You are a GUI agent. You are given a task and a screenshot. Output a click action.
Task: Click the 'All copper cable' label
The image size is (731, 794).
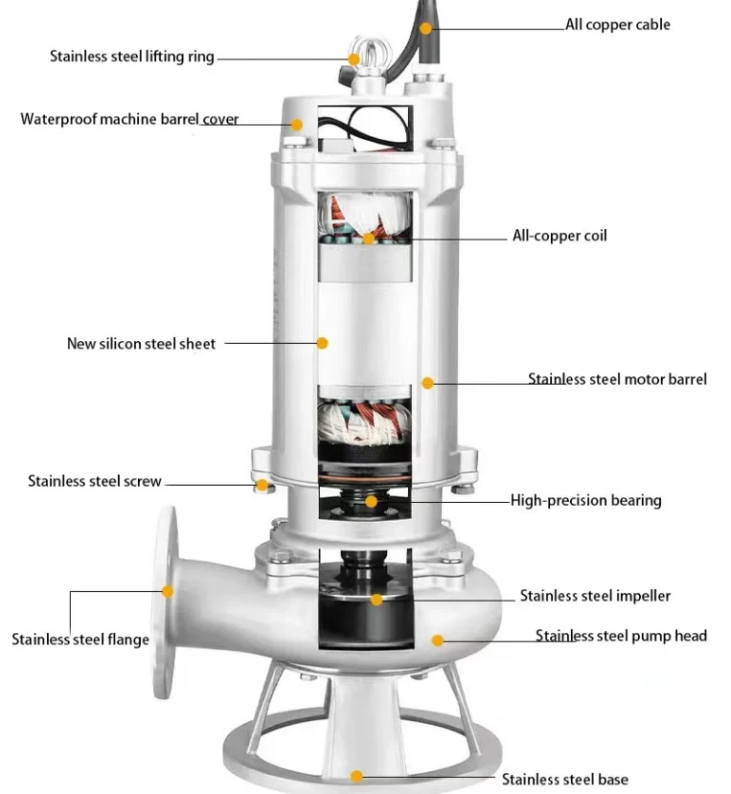(617, 24)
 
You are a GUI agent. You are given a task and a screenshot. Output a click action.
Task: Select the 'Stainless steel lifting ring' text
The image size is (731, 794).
(132, 57)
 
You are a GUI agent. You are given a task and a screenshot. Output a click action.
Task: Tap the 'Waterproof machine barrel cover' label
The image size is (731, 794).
(129, 120)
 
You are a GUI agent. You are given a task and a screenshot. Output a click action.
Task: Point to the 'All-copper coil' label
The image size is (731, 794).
(560, 236)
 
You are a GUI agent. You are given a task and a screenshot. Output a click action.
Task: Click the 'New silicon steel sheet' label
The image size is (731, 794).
(141, 343)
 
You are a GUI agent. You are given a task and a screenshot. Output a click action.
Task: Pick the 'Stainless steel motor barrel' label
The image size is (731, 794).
(617, 379)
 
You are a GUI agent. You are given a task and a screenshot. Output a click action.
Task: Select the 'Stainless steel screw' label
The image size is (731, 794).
(95, 481)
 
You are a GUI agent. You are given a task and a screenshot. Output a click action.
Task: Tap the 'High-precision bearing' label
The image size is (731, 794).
(585, 500)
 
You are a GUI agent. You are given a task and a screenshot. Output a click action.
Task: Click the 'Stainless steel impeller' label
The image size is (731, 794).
(595, 596)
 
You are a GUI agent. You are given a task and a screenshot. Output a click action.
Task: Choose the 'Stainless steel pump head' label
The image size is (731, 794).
(621, 635)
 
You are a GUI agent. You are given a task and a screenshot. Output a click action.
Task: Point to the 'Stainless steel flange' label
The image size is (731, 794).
(80, 639)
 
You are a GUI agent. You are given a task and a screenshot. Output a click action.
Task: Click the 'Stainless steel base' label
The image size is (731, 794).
(565, 780)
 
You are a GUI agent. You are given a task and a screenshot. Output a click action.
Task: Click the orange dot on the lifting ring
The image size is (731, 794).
(354, 58)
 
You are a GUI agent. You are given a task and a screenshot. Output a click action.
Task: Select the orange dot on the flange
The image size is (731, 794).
(168, 591)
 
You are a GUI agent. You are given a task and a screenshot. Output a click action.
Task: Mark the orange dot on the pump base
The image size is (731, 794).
(356, 777)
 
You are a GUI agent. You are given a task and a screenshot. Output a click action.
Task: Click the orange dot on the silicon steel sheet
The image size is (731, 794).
(322, 342)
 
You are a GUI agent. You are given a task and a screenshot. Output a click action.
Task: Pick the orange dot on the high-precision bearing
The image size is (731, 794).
(372, 500)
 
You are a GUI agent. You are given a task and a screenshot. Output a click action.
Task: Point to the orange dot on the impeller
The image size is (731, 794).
(377, 600)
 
